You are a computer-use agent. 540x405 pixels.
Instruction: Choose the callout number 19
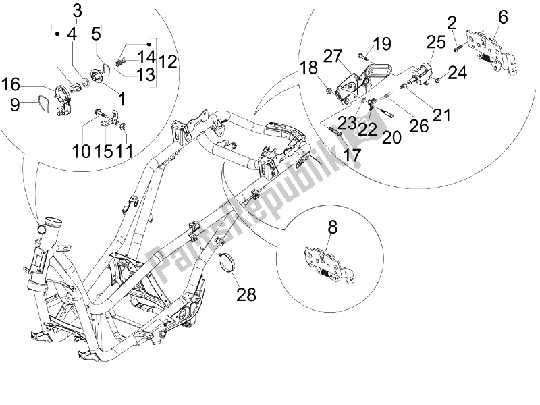point(381,45)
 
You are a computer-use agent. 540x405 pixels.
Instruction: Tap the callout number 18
point(308,67)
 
